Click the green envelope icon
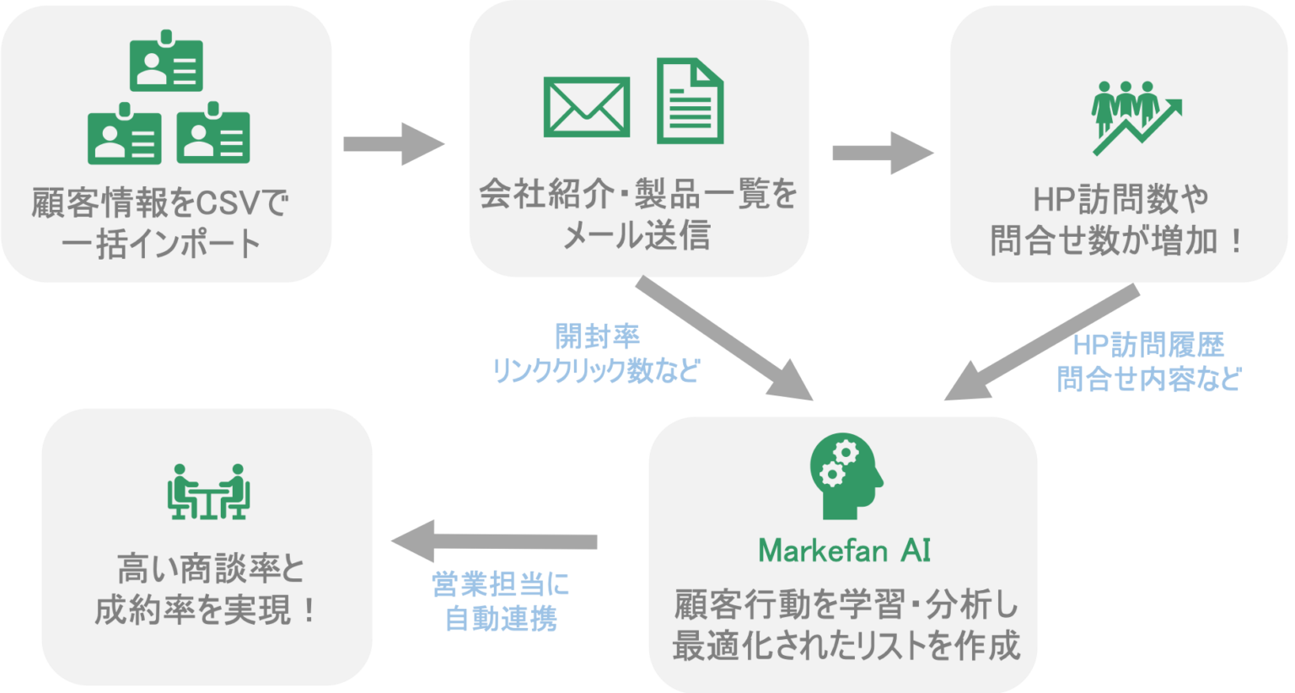pyautogui.click(x=586, y=107)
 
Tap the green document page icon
pyautogui.click(x=690, y=100)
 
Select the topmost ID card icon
pyautogui.click(x=166, y=61)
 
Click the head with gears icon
pyautogui.click(x=846, y=475)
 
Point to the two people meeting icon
pyautogui.click(x=209, y=492)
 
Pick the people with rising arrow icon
pyautogui.click(x=1136, y=119)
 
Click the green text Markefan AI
pyautogui.click(x=845, y=551)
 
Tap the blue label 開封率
pyautogui.click(x=597, y=336)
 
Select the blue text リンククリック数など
pyautogui.click(x=596, y=370)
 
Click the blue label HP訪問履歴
pyautogui.click(x=1149, y=345)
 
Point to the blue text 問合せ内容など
pyautogui.click(x=1149, y=379)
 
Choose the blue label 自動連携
pyautogui.click(x=502, y=619)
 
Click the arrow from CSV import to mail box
pyautogui.click(x=395, y=144)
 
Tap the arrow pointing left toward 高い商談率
pyautogui.click(x=494, y=541)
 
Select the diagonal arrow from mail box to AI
pyautogui.click(x=725, y=338)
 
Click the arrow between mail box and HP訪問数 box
pyautogui.click(x=884, y=153)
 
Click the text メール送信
pyautogui.click(x=637, y=235)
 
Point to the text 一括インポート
pyautogui.click(x=161, y=244)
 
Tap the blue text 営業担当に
pyautogui.click(x=501, y=583)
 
